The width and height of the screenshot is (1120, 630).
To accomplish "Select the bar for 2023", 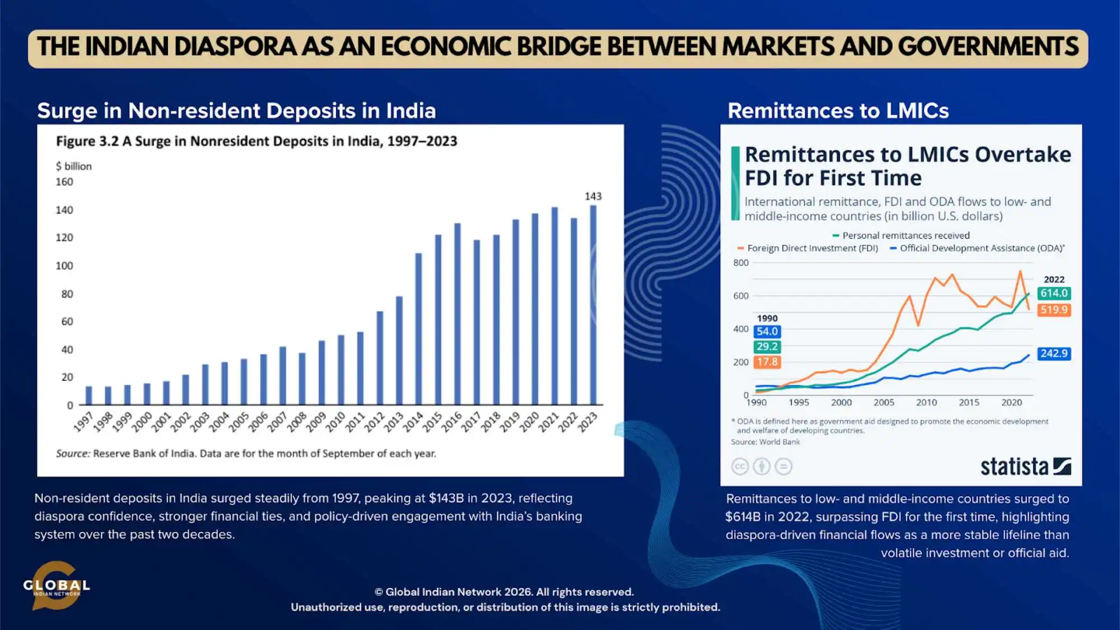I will [593, 305].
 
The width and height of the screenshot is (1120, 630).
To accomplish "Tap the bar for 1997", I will [88, 395].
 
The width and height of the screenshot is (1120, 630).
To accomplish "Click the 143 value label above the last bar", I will [593, 196].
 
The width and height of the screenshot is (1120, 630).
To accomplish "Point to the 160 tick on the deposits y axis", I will [64, 182].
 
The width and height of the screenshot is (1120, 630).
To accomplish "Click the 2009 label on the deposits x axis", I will [316, 421].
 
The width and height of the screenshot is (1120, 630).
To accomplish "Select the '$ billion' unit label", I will [73, 166].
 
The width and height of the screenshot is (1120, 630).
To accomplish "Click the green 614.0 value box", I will [1053, 293].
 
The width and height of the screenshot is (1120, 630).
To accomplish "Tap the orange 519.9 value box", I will [1053, 310].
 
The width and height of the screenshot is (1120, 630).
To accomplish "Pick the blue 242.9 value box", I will [1053, 353].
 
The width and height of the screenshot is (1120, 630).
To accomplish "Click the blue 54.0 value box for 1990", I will [767, 332].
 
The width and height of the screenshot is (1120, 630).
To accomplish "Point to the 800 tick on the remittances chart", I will [740, 263].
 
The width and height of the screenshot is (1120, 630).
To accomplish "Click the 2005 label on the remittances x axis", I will [884, 402].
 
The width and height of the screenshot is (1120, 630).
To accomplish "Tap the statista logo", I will [1025, 466].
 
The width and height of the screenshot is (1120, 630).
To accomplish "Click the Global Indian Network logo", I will [56, 586].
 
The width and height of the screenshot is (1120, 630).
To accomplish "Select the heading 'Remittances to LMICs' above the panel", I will [838, 111].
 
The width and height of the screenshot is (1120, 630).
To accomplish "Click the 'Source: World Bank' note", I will [765, 442].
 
